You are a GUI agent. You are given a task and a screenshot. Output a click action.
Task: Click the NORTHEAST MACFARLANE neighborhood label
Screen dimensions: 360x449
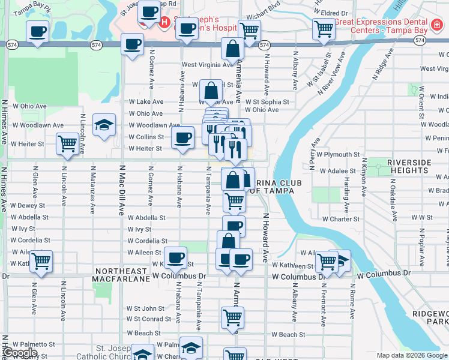120,275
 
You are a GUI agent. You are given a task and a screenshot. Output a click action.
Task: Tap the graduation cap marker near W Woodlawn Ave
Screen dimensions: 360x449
104,125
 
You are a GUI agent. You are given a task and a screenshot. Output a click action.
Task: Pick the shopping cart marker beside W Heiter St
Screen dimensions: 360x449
67,144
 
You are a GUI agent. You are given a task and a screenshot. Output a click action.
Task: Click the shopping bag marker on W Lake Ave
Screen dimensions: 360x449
211,91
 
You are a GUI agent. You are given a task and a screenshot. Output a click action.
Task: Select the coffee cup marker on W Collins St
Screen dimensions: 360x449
182,137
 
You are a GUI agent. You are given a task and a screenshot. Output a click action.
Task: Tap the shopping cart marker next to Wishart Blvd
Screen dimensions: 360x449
249,31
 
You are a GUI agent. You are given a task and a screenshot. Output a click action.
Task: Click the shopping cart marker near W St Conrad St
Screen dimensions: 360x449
232,317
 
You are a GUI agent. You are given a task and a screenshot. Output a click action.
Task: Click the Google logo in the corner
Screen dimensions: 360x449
20,353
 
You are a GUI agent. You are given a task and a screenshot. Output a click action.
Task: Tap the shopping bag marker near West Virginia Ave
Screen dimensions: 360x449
232,50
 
